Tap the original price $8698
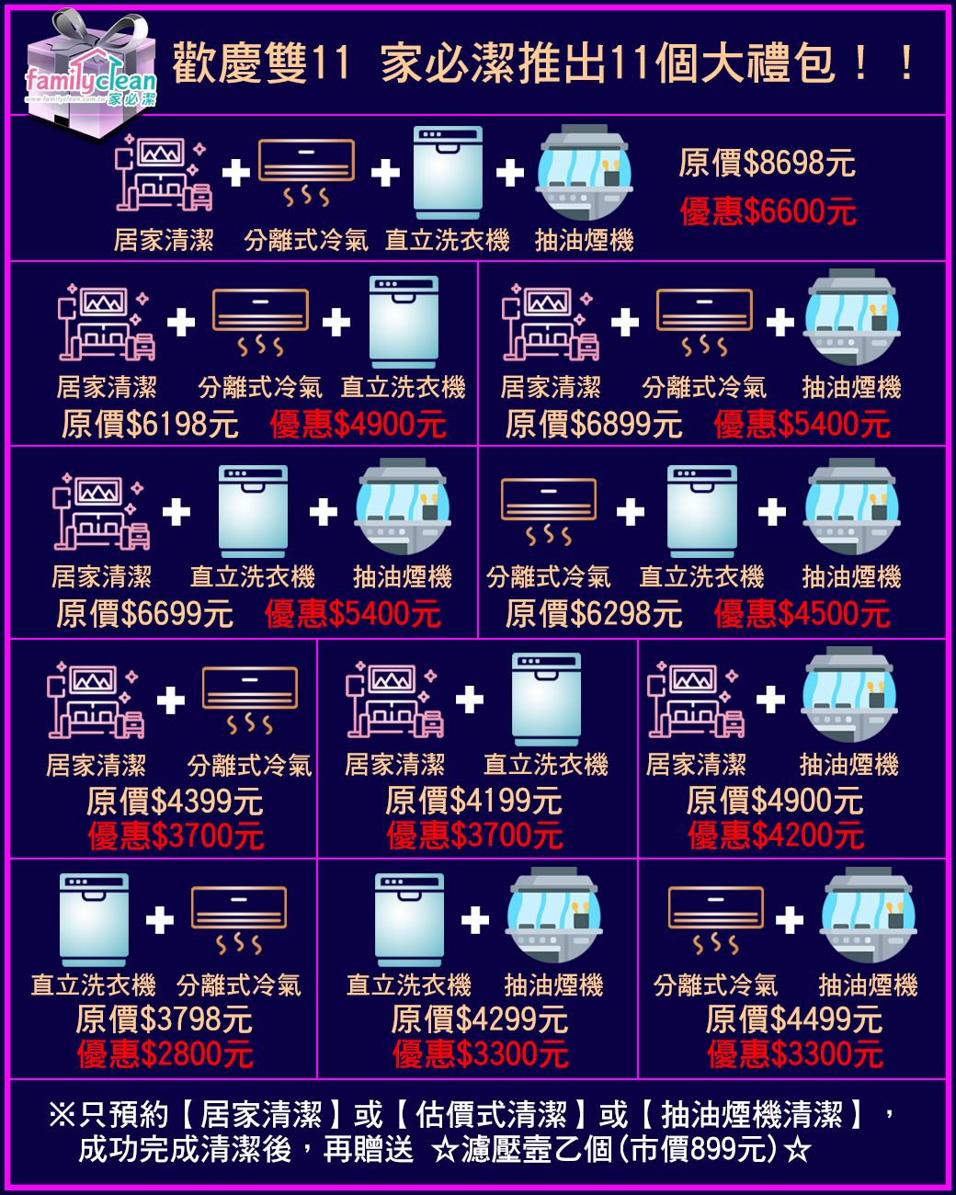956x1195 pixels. [767, 164]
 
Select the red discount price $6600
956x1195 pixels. [768, 212]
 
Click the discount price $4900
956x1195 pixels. [358, 425]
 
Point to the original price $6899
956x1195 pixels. [593, 425]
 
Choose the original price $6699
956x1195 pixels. [145, 613]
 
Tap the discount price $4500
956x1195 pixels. [802, 613]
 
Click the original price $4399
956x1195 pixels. [175, 802]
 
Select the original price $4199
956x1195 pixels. [473, 802]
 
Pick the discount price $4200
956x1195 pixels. [775, 836]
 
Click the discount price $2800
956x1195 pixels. [165, 1054]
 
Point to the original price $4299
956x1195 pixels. [479, 1019]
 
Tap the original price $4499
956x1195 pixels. [794, 1019]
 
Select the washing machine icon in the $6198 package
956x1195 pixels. [404, 322]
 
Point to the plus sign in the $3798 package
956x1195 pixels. [160, 919]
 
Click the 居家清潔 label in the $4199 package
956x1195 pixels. [394, 765]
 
